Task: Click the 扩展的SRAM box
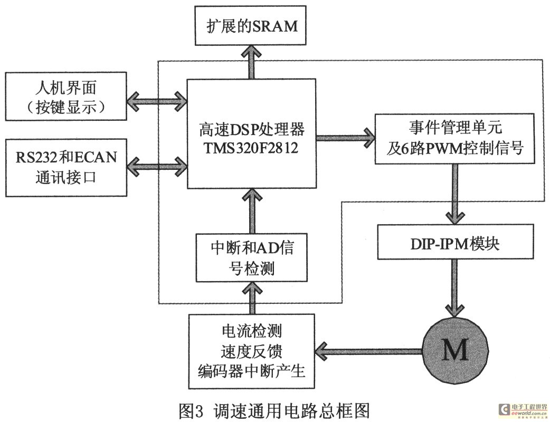point(251,25)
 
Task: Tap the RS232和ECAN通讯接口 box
point(66,167)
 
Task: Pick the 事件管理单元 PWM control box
point(454,138)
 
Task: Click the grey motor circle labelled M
point(453,349)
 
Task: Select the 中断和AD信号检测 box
point(251,257)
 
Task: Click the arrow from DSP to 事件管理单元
point(345,138)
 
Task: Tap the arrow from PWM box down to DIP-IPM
point(453,193)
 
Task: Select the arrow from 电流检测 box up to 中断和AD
point(251,298)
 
